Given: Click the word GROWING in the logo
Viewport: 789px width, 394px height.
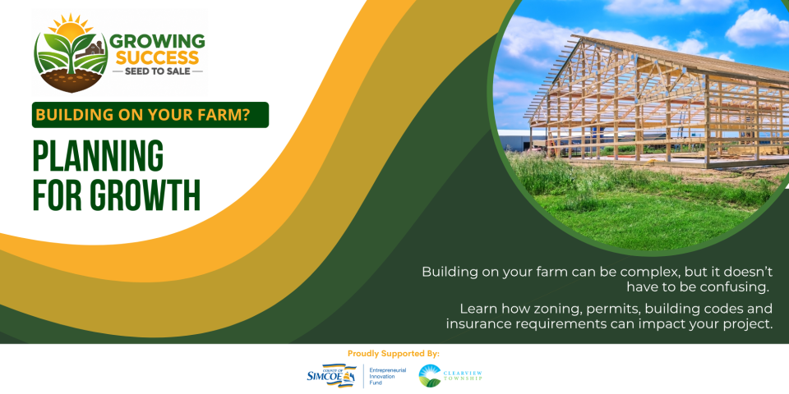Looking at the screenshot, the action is tap(157, 41).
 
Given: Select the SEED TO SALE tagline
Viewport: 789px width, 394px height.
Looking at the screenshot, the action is tap(157, 71).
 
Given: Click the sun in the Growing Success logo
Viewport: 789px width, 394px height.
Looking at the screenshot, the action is tap(71, 28).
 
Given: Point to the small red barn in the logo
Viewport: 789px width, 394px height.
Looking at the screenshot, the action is tap(95, 49).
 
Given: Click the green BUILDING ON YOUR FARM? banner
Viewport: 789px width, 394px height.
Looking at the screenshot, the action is tap(150, 115).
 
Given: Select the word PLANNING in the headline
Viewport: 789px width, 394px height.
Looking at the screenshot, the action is tap(98, 156).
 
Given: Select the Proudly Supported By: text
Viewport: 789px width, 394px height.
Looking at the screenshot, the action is tap(394, 354).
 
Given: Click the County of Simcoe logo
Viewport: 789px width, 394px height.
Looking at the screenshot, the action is tap(331, 376).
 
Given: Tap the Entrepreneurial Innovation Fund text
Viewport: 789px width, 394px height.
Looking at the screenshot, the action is tap(387, 376).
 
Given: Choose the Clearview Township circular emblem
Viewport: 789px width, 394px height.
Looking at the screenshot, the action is tap(429, 376).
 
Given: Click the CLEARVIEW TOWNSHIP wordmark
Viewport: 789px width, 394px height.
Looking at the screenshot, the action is tap(463, 375).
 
